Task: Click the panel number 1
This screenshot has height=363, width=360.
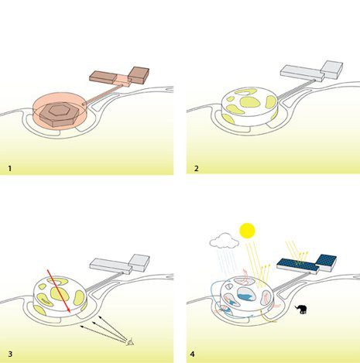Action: click(x=10, y=169)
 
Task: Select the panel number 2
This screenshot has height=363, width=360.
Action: click(x=197, y=169)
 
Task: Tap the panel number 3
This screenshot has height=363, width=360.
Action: click(x=10, y=354)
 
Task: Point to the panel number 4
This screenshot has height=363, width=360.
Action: click(x=192, y=354)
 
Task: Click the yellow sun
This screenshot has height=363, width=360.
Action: click(x=247, y=231)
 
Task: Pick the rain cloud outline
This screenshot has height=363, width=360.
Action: click(x=224, y=241)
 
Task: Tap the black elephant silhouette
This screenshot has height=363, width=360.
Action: click(x=301, y=309)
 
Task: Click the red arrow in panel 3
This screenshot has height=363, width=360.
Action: click(x=59, y=291)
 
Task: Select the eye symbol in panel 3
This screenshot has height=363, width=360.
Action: click(x=131, y=342)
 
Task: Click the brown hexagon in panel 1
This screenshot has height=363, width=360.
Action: click(x=60, y=115)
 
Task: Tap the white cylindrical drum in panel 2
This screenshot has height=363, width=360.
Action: click(x=249, y=106)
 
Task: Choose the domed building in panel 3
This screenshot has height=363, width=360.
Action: click(x=60, y=296)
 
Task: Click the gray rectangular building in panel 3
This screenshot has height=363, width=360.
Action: click(x=120, y=265)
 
